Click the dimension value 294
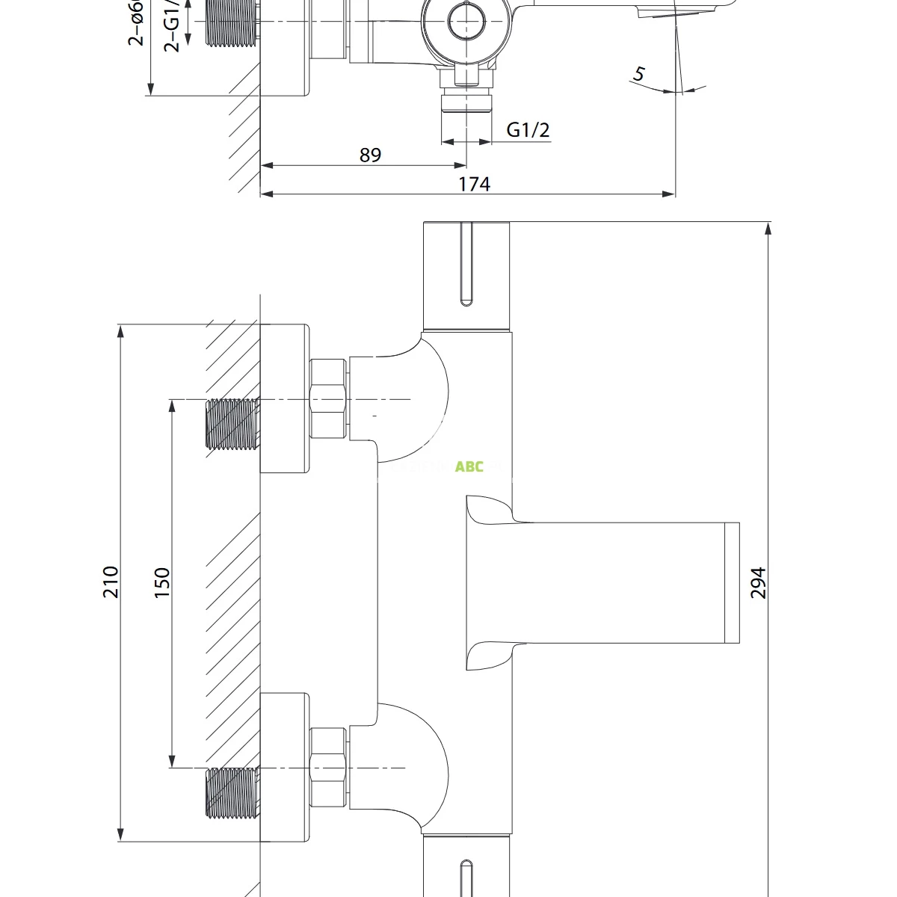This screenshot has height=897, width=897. (758, 582)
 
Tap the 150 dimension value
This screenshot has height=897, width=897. (162, 582)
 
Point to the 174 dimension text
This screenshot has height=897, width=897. (474, 184)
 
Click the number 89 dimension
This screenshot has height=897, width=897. (370, 155)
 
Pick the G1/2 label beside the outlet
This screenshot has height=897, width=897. (528, 130)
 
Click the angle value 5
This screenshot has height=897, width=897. (638, 74)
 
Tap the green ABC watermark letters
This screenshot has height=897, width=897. (469, 467)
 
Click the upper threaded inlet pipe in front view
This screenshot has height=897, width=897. (232, 424)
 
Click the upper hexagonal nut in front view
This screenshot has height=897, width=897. (327, 398)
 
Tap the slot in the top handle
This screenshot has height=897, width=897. (466, 263)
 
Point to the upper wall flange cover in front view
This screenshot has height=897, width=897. (285, 398)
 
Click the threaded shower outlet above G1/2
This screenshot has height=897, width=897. (466, 101)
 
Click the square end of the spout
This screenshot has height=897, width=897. (732, 582)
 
